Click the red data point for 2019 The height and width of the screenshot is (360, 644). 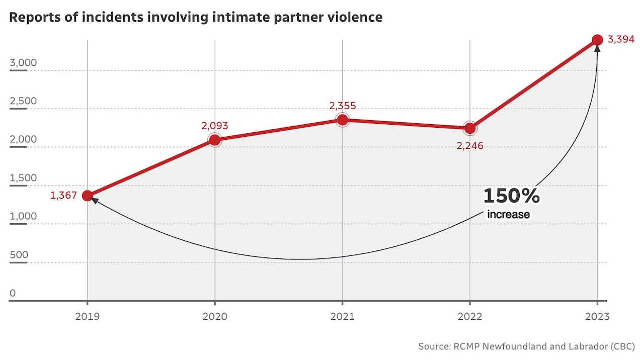[87, 196]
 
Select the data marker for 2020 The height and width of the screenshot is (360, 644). [215, 140]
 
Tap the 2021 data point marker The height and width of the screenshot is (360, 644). [343, 120]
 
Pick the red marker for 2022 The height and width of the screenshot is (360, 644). [470, 128]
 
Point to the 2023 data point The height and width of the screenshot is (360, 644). [597, 40]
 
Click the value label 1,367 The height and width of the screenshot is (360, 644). [63, 196]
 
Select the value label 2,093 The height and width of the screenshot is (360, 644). [214, 126]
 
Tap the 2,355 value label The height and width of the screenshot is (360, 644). [343, 106]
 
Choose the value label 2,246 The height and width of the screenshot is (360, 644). [469, 146]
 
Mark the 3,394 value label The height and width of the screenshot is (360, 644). [621, 40]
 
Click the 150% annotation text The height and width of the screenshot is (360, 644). [512, 196]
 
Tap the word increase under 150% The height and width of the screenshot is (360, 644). [508, 215]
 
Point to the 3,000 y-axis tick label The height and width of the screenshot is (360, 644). [24, 63]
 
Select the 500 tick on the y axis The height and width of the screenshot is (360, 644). [19, 255]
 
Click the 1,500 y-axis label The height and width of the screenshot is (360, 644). [24, 178]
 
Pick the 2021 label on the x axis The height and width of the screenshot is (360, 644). [343, 317]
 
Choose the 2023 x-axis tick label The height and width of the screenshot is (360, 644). [597, 317]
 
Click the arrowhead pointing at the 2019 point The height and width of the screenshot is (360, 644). [93, 201]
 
